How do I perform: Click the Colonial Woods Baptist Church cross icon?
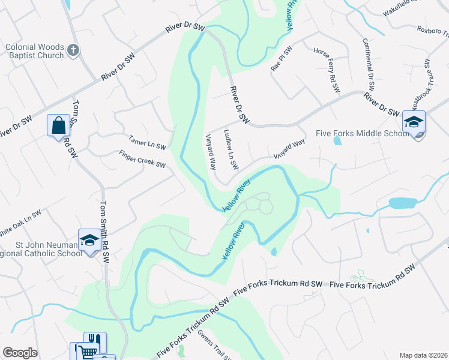73,50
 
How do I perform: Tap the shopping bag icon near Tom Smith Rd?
58,126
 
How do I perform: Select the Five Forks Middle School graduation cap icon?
414,122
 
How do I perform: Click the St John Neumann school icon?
89,240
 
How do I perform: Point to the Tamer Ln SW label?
146,142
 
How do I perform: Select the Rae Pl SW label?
282,59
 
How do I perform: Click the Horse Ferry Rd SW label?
327,71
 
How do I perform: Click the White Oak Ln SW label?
20,222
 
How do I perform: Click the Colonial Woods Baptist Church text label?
34,51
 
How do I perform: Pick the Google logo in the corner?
20,353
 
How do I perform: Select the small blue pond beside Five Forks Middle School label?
337,141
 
